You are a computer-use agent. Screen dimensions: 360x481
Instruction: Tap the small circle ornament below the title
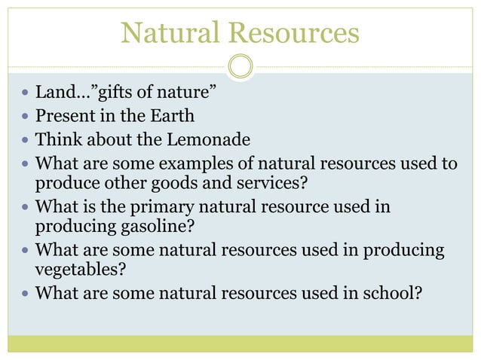[x=240, y=66]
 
